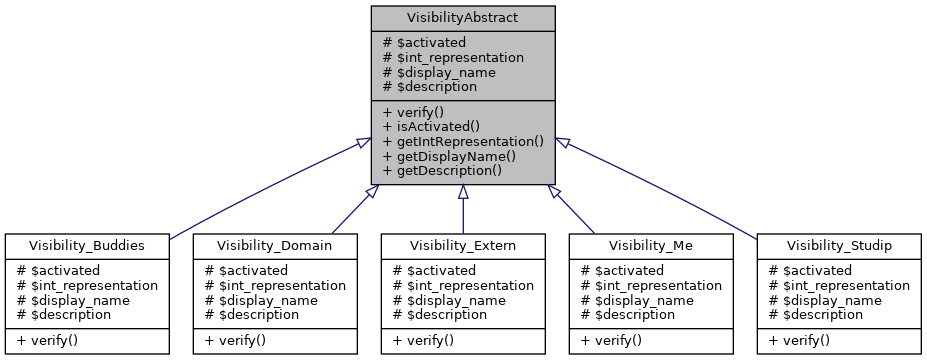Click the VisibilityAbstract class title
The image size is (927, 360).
click(462, 18)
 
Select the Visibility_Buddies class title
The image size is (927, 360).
click(87, 245)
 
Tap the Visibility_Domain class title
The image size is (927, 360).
click(275, 245)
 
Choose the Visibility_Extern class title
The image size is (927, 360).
click(463, 245)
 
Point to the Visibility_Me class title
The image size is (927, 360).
click(651, 245)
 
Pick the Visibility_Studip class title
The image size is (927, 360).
click(838, 245)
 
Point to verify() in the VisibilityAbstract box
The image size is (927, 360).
click(414, 112)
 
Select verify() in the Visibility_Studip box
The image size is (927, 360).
click(799, 339)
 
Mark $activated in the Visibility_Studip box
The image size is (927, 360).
click(807, 270)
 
